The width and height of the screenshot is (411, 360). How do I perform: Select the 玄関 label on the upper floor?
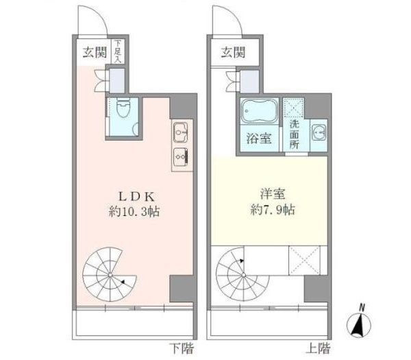tap(232, 50)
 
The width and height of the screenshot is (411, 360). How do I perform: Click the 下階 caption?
tap(177, 346)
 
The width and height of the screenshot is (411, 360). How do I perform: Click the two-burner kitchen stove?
tap(181, 156)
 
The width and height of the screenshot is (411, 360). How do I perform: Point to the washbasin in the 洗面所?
tap(317, 132)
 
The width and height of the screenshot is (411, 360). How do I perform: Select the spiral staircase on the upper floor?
tap(239, 272)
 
